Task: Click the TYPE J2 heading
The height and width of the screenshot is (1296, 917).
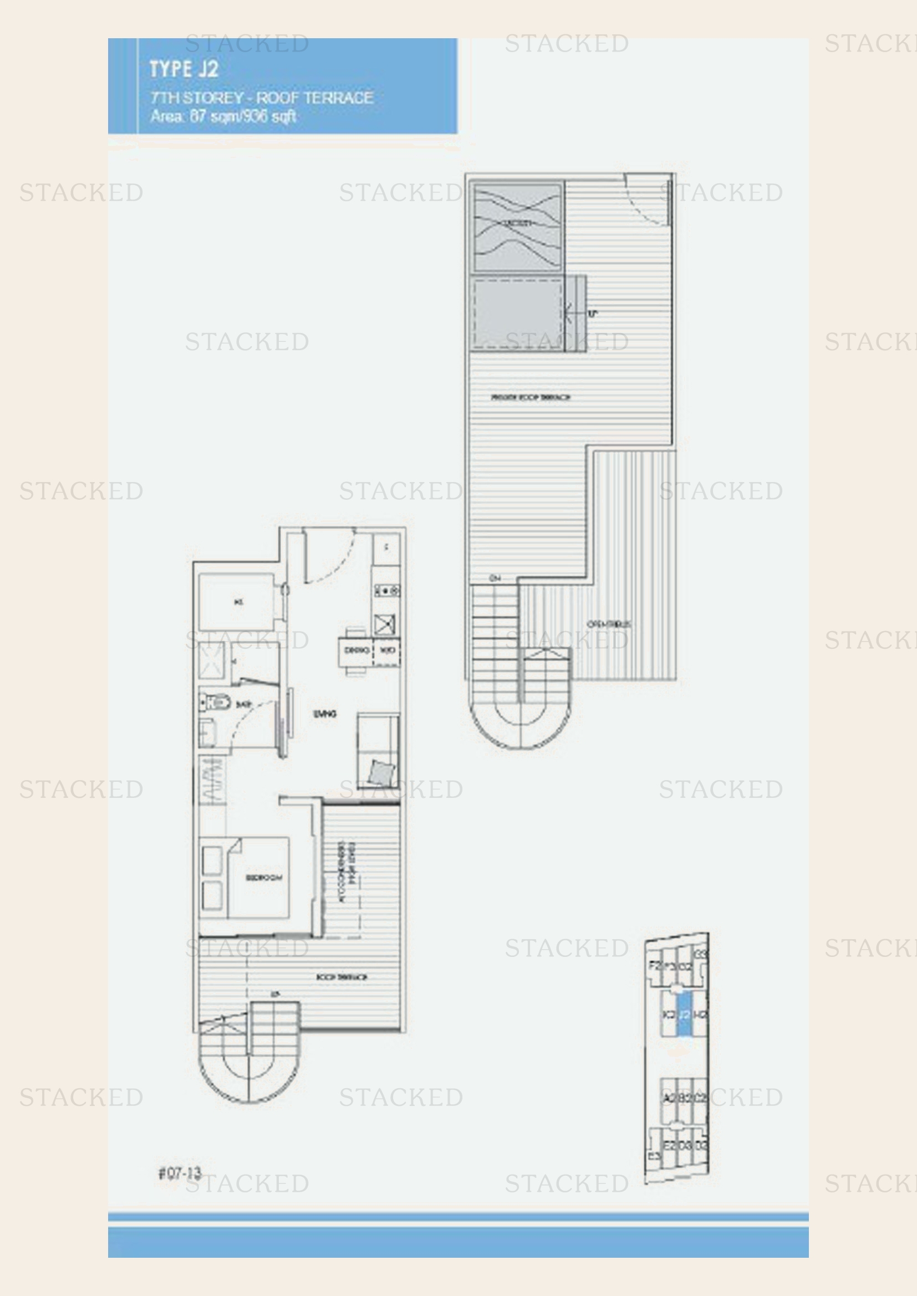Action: click(x=184, y=69)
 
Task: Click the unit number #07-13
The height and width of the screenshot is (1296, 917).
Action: click(x=180, y=1174)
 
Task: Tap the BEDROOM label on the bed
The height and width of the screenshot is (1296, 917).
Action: click(x=264, y=878)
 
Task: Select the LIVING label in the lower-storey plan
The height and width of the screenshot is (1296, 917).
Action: click(x=325, y=714)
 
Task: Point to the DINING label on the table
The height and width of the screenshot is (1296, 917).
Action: click(x=356, y=650)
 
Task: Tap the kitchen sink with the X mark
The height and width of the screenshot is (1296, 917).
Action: click(x=385, y=624)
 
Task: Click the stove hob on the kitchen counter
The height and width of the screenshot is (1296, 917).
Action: click(x=386, y=591)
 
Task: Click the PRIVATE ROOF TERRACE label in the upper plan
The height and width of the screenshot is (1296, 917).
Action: click(x=530, y=397)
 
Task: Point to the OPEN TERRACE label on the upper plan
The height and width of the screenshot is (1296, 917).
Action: click(x=609, y=624)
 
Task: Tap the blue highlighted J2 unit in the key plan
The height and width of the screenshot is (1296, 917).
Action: click(x=684, y=1015)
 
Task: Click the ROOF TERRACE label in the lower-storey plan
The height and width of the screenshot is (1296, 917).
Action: click(x=342, y=977)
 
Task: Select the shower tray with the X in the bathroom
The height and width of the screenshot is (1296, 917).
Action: click(x=212, y=660)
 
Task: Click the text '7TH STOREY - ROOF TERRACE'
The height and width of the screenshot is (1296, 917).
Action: click(x=262, y=98)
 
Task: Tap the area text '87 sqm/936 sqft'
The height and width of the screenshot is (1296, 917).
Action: click(x=243, y=116)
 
